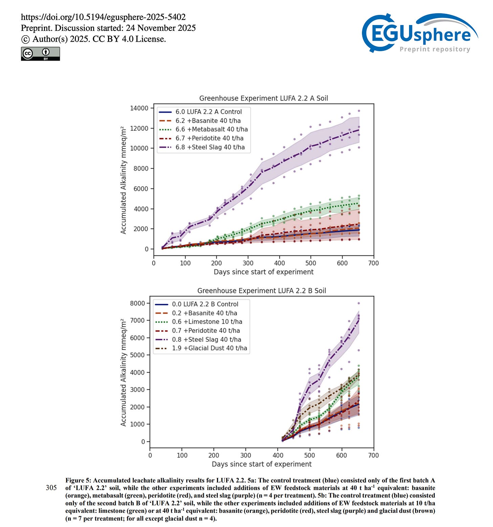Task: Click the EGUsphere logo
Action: (x=420, y=33)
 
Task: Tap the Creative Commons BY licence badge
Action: (x=40, y=54)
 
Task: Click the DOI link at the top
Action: (x=103, y=17)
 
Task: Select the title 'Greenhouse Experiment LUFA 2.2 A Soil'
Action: (x=263, y=98)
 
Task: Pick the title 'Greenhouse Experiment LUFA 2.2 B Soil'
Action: (x=261, y=291)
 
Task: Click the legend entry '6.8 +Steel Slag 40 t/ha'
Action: (x=210, y=147)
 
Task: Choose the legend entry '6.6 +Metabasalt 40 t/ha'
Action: (x=211, y=129)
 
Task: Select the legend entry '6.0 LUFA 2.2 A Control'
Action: (x=209, y=112)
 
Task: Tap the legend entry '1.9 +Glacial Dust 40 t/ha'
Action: (x=209, y=348)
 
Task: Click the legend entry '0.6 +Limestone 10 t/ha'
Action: (x=207, y=322)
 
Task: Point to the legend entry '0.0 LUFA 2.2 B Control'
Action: (x=205, y=304)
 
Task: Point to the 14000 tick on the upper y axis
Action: (x=140, y=108)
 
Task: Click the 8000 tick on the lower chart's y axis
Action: (x=138, y=303)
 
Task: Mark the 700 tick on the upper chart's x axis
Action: (x=373, y=263)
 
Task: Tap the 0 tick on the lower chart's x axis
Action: (x=150, y=456)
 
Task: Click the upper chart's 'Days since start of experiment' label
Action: (x=263, y=272)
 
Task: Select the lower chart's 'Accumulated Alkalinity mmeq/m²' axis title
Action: (x=124, y=372)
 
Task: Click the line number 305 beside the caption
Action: (x=51, y=488)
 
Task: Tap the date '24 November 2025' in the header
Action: (x=161, y=28)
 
